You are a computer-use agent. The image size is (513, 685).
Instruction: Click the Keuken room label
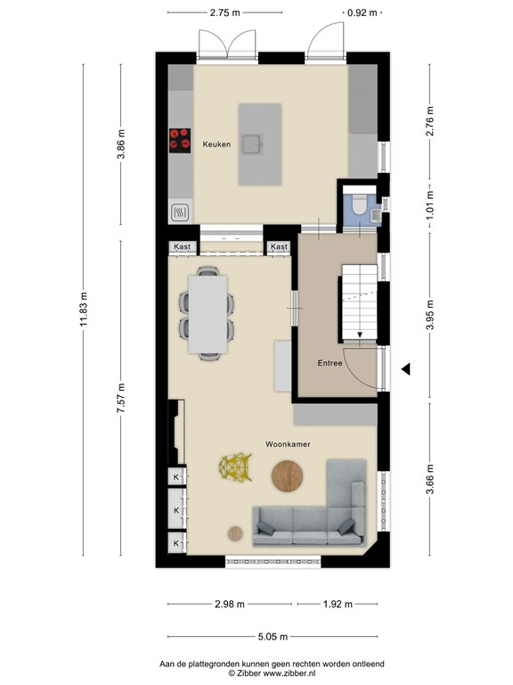[x=216, y=144]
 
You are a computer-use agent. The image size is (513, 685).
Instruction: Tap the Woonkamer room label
[x=287, y=443]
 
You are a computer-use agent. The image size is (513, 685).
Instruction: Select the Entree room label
[x=330, y=363]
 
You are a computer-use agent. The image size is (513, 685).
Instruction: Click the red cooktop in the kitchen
[x=180, y=140]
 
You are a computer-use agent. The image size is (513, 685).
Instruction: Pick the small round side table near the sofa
[x=235, y=533]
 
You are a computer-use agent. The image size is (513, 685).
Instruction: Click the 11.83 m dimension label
[x=85, y=309]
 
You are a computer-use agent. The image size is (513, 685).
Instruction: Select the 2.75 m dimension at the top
[x=226, y=12]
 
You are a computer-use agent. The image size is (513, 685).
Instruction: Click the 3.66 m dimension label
[x=429, y=474]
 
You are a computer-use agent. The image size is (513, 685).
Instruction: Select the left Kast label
[x=183, y=246]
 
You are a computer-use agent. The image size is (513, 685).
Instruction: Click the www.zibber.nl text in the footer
[x=278, y=673]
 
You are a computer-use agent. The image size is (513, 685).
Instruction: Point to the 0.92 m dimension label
[x=361, y=12]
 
